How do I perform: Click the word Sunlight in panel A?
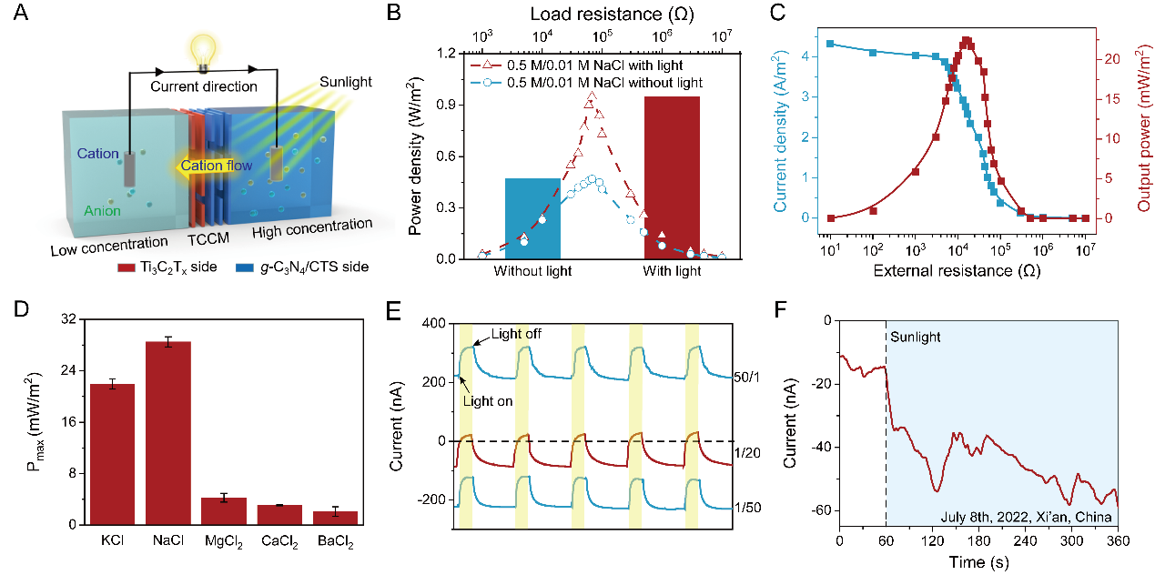(345, 83)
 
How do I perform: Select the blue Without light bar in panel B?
(532, 218)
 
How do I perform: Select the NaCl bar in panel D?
(168, 433)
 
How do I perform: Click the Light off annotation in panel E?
(516, 334)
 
